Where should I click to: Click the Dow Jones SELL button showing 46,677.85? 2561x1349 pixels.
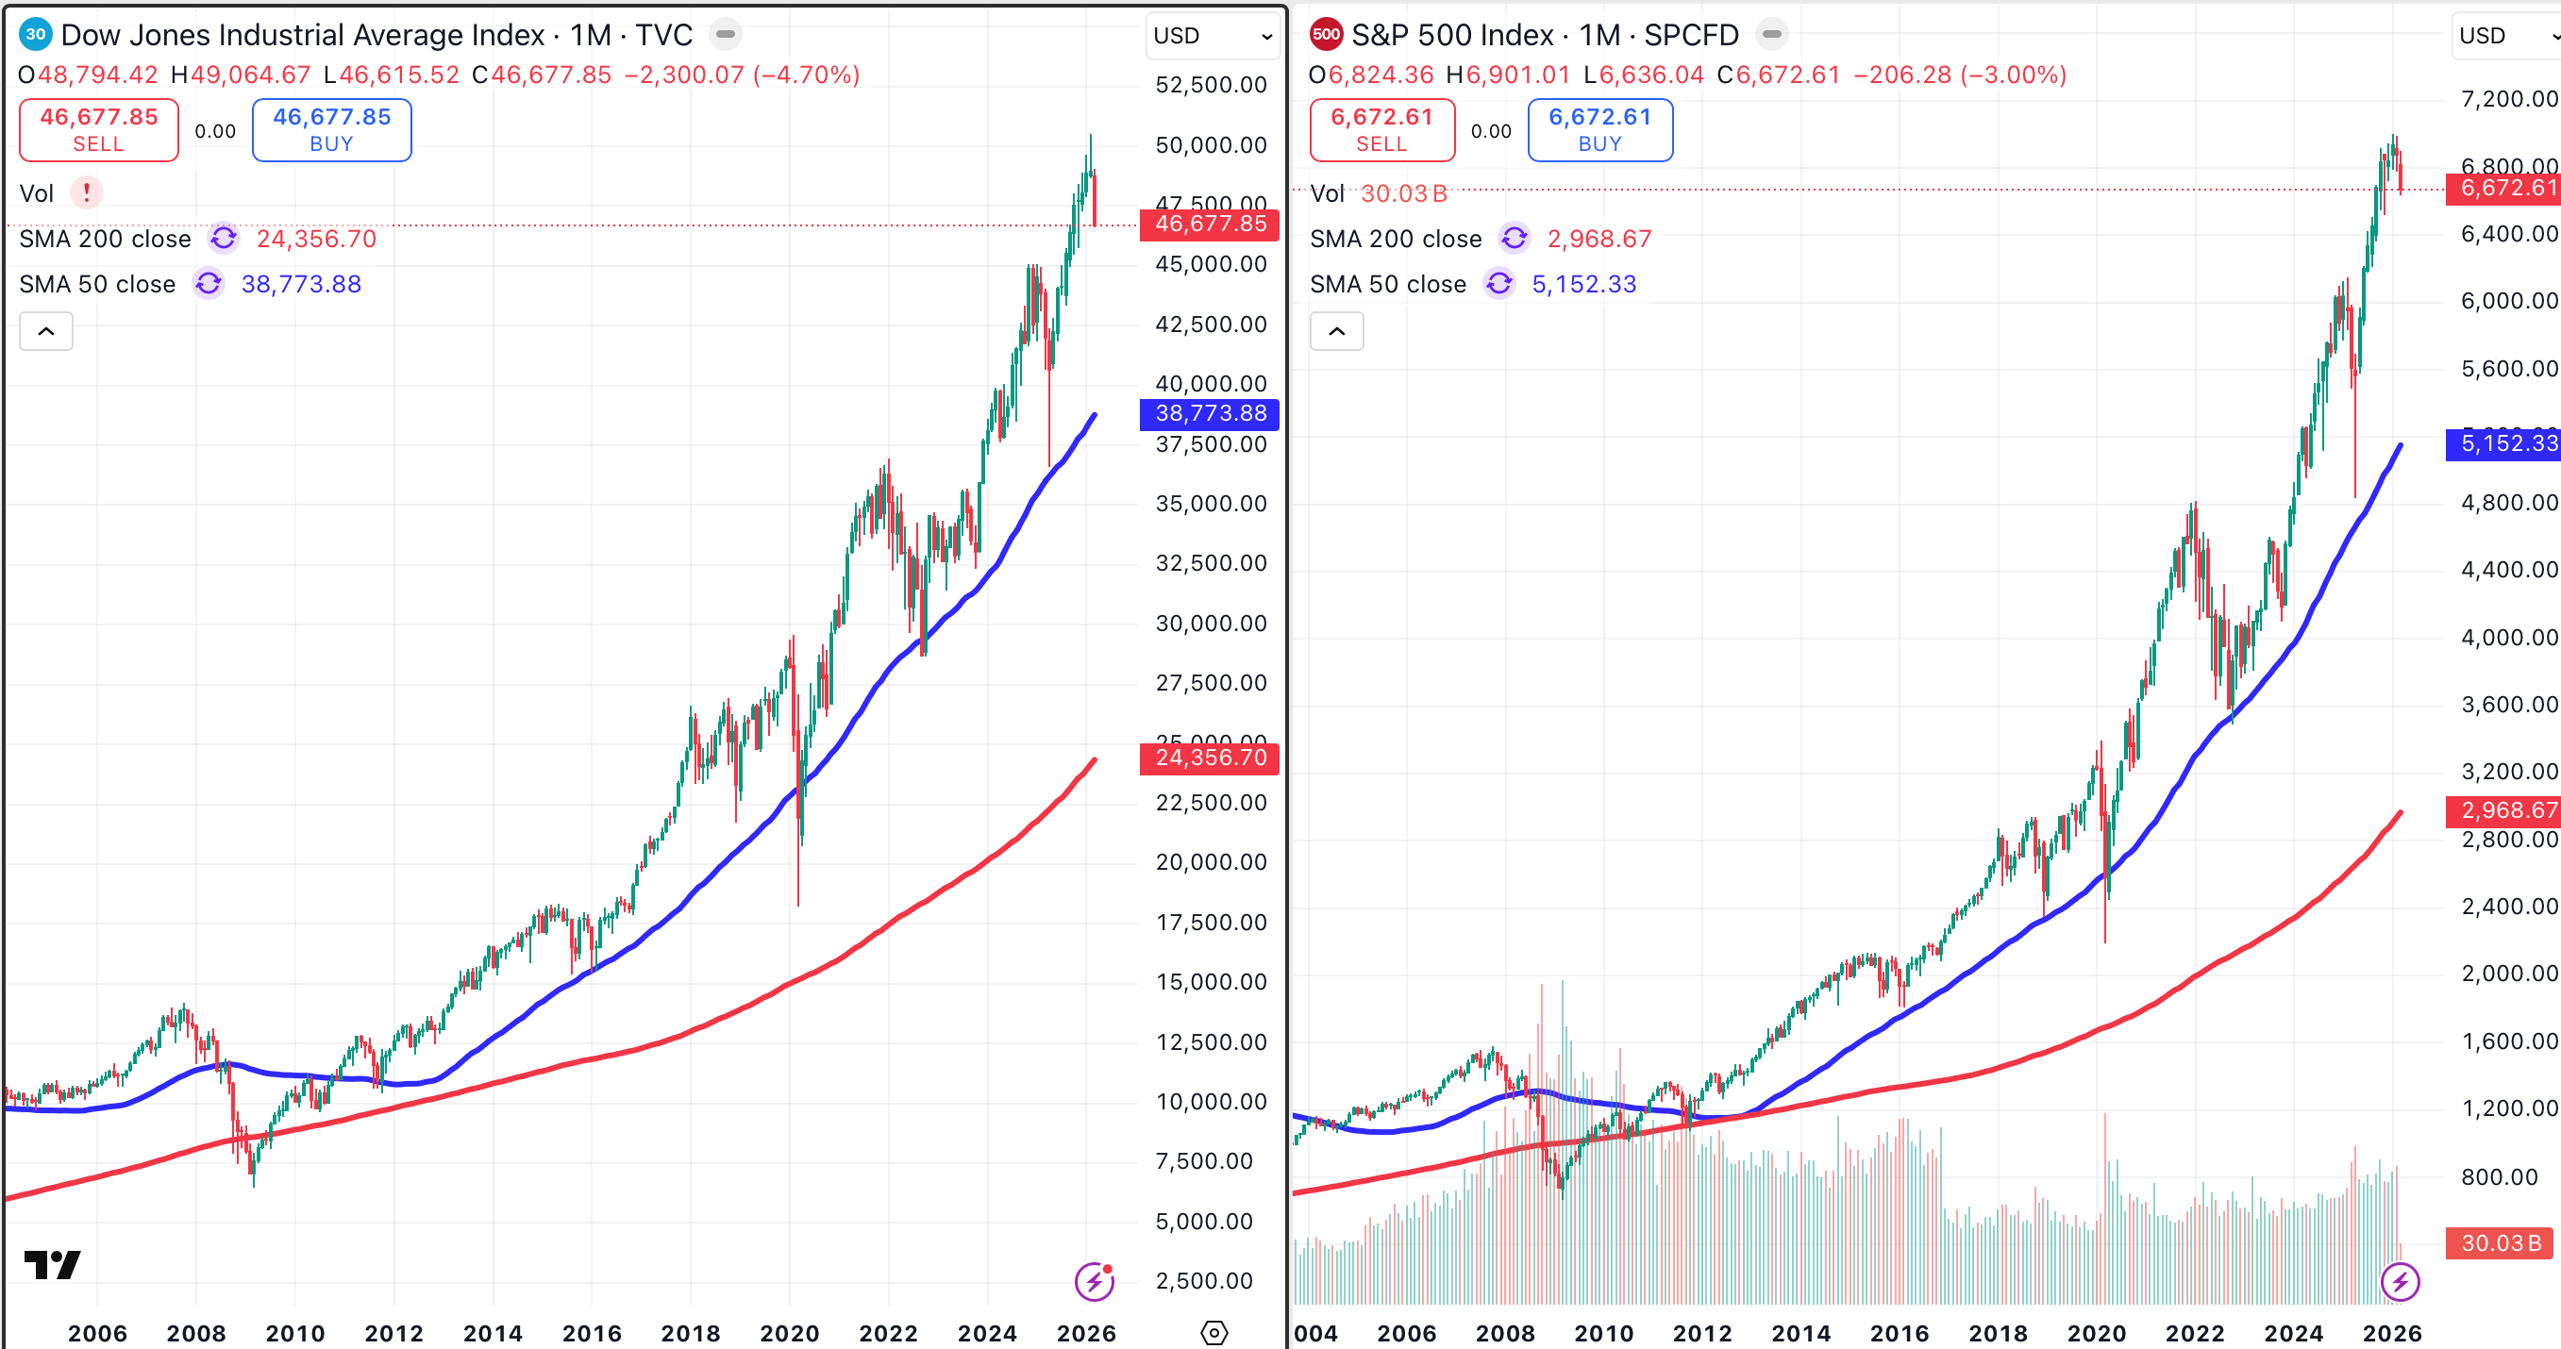(98, 129)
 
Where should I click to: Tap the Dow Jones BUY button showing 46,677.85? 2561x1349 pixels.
(331, 129)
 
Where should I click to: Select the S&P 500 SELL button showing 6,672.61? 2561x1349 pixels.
(1381, 129)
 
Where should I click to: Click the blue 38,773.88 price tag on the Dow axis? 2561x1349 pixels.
(1209, 413)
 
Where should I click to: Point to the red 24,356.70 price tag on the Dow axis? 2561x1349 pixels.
(1209, 758)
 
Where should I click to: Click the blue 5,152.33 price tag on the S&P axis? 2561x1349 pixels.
(2502, 443)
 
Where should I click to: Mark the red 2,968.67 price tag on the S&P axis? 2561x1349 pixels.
(2502, 811)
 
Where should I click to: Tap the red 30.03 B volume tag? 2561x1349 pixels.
(2500, 1242)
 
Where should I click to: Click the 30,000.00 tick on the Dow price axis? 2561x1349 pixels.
(1210, 624)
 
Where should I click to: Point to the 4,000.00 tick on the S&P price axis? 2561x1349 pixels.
(2507, 637)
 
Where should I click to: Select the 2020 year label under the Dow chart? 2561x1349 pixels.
(790, 1333)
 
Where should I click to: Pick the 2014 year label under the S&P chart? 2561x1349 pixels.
(1800, 1333)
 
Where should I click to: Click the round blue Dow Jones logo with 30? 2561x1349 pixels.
(36, 35)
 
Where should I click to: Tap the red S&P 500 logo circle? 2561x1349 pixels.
(1326, 35)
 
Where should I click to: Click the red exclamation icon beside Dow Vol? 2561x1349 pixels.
(87, 192)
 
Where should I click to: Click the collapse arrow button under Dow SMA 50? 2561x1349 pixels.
(45, 331)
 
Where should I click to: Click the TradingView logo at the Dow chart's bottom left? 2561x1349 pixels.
(52, 1264)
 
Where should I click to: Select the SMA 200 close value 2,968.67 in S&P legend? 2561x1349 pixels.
(1599, 239)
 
